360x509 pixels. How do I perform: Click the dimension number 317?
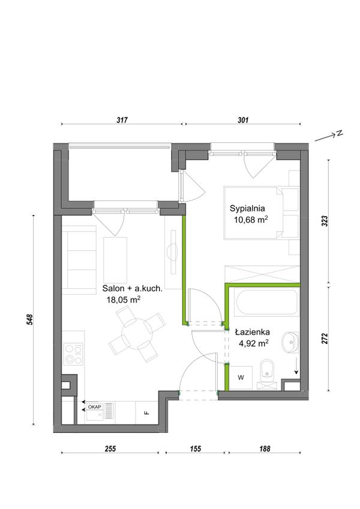point(122,120)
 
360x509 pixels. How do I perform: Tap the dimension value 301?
point(243,120)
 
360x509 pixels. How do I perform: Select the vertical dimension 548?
point(30,320)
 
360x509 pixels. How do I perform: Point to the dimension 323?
point(326,221)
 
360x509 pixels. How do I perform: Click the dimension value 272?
point(326,339)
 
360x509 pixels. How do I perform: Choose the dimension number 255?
point(110,449)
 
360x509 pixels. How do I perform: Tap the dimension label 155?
point(196,449)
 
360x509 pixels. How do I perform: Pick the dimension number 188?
point(265,449)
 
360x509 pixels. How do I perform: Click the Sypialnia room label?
point(247,208)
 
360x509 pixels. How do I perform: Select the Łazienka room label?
point(253,332)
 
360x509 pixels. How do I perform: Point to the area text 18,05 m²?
point(124,300)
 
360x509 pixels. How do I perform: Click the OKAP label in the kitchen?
point(94,407)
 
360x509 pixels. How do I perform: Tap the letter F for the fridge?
point(147,413)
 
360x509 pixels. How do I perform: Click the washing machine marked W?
point(241,378)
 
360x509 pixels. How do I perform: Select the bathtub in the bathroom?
point(268,303)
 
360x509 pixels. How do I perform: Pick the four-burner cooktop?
point(73,354)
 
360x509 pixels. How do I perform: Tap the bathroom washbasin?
point(290,342)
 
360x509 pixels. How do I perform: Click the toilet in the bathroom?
point(268,372)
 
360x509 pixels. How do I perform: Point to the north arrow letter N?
point(339,133)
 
